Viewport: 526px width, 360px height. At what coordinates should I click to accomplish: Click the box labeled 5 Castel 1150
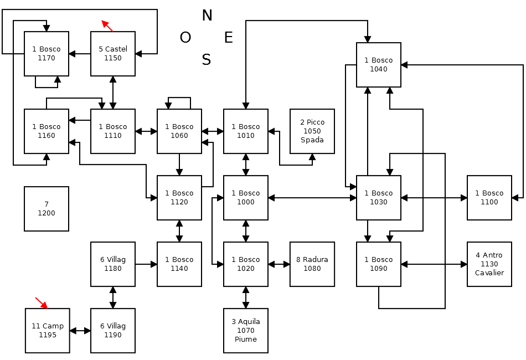[113, 54]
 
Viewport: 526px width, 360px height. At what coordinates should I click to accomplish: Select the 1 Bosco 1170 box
[47, 54]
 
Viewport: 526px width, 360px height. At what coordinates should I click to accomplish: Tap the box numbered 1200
[47, 209]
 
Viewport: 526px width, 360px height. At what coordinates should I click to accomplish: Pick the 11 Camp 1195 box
[48, 331]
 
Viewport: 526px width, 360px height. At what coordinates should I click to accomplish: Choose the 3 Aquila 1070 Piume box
[246, 331]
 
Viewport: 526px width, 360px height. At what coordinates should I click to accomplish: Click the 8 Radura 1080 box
[312, 264]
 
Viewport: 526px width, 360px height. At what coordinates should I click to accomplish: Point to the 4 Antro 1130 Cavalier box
[489, 264]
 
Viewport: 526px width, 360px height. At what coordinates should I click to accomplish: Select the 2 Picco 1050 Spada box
[312, 131]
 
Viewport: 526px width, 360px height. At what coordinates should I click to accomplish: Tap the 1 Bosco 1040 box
[379, 65]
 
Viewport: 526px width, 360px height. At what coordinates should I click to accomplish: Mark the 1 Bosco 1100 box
[489, 198]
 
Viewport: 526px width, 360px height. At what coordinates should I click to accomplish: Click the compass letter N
[207, 16]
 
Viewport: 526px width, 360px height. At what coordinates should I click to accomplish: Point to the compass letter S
[207, 60]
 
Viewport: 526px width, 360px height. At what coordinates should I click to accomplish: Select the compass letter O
[185, 38]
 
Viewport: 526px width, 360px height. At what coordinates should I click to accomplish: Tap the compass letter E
[228, 38]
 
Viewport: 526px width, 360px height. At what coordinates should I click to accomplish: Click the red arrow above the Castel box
[107, 26]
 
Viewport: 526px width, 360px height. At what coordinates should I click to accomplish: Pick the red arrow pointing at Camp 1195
[42, 303]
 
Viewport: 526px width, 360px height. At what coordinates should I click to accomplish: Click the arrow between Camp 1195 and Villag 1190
[80, 331]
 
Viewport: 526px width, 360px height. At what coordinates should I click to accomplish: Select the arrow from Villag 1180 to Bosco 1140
[146, 264]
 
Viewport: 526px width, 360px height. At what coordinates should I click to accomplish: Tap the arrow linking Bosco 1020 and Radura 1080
[279, 264]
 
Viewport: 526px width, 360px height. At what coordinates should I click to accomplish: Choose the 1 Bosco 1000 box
[246, 198]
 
